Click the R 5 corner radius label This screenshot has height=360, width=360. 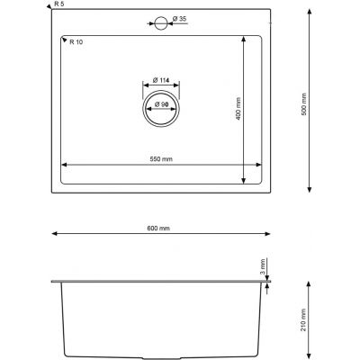58,4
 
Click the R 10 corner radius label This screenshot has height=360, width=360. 76,42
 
